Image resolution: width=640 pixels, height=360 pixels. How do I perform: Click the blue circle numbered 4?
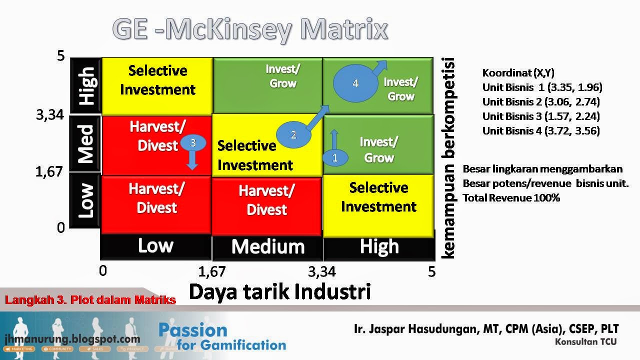pyautogui.click(x=355, y=83)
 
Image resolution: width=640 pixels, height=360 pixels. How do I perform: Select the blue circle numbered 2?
pyautogui.click(x=293, y=134)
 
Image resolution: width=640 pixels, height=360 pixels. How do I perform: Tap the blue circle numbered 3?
pyautogui.click(x=192, y=143)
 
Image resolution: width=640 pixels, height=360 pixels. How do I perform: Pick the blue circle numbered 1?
pyautogui.click(x=335, y=158)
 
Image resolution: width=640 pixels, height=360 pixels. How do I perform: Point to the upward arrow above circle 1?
pyautogui.click(x=335, y=139)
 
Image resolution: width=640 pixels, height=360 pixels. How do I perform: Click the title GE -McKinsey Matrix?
pyautogui.click(x=250, y=29)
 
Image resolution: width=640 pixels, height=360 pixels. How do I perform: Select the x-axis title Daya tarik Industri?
pyautogui.click(x=279, y=291)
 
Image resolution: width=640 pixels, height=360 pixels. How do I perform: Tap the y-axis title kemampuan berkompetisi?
pyautogui.click(x=448, y=158)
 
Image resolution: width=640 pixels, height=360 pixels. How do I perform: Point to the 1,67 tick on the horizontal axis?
pyautogui.click(x=212, y=271)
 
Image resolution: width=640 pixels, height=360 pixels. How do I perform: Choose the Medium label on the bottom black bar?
pyautogui.click(x=267, y=246)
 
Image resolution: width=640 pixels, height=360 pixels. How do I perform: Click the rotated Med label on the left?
pyautogui.click(x=86, y=144)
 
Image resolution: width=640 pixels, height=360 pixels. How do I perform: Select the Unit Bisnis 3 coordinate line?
pyautogui.click(x=541, y=116)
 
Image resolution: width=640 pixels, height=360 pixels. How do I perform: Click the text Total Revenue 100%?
pyautogui.click(x=511, y=198)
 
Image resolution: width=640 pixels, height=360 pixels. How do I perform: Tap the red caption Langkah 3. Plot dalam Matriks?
pyautogui.click(x=90, y=300)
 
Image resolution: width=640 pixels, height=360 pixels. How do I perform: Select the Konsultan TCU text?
pyautogui.click(x=585, y=342)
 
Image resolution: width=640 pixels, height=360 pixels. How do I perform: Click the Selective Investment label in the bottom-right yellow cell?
pyautogui.click(x=378, y=197)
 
